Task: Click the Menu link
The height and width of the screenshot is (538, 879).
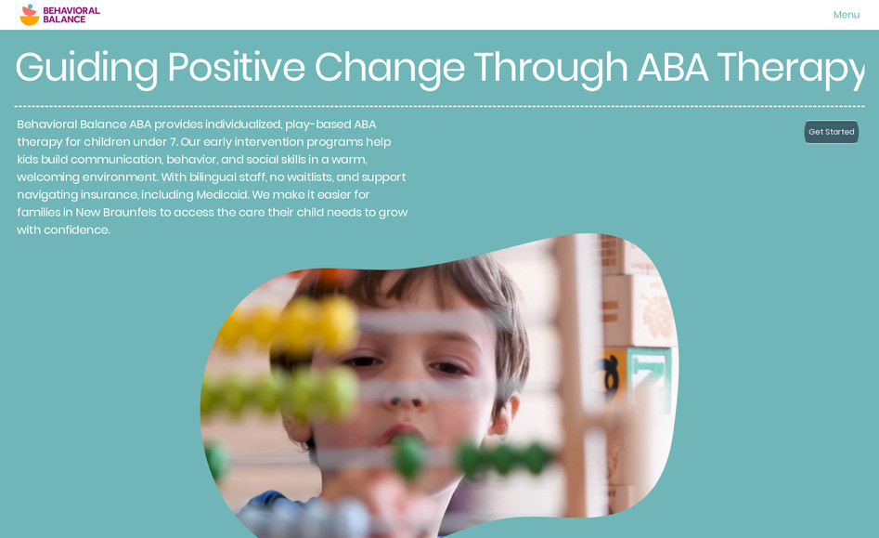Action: tap(846, 15)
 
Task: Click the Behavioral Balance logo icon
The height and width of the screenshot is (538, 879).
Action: tap(30, 15)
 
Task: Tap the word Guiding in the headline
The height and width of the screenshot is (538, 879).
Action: tap(85, 68)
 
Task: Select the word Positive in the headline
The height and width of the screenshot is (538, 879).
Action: tap(236, 68)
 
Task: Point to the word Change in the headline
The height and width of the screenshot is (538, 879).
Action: tap(389, 68)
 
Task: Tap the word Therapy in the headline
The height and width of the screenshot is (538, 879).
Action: tap(789, 68)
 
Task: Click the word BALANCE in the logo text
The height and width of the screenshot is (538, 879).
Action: tap(64, 20)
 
